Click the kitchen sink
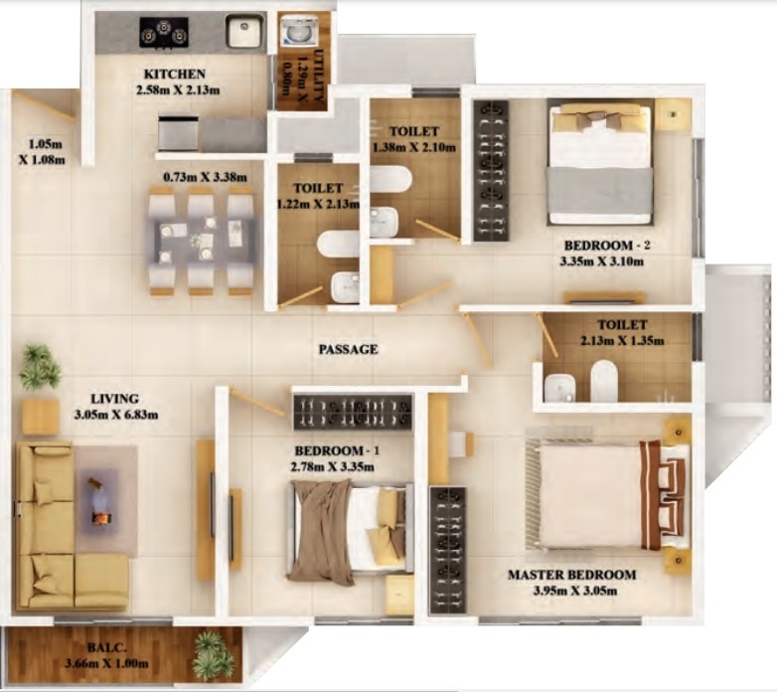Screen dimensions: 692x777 [243, 32]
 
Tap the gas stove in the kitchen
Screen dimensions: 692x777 [163, 33]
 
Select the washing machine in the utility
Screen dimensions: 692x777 [295, 34]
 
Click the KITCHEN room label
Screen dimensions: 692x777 [175, 75]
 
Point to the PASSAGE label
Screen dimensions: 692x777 [348, 350]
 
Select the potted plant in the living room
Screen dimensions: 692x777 [39, 367]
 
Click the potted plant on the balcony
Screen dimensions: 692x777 [214, 656]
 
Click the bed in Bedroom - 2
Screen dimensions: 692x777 [600, 163]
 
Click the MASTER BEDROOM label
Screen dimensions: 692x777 [571, 575]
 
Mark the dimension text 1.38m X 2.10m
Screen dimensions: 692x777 [413, 148]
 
